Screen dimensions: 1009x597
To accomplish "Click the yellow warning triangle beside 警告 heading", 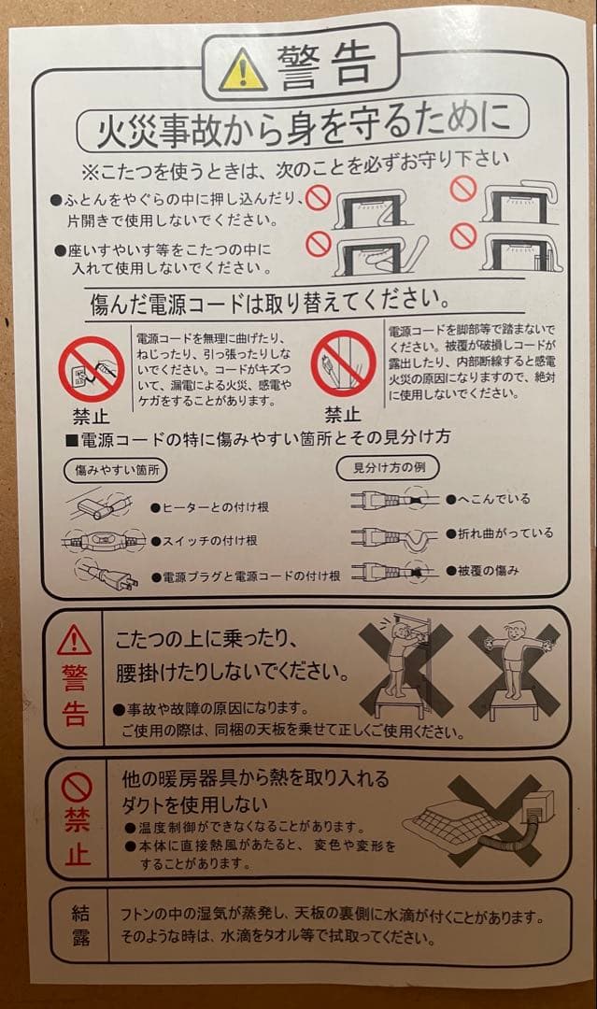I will (242, 69).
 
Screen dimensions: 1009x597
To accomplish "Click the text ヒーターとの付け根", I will (210, 507).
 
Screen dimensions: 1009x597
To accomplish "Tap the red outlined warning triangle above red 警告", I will (74, 641).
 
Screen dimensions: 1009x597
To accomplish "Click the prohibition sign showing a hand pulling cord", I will (92, 368).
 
